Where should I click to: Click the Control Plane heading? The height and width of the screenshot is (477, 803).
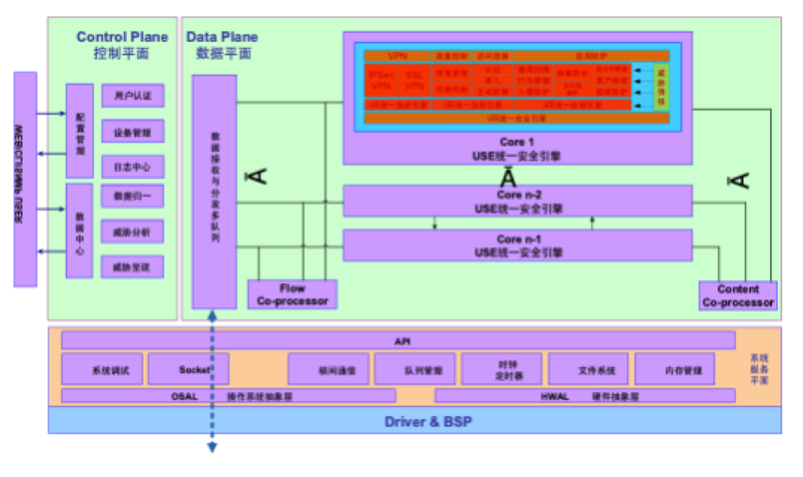[x=122, y=37]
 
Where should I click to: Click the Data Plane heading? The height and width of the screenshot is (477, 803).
[x=222, y=37]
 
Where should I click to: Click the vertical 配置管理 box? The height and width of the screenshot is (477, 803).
[x=79, y=131]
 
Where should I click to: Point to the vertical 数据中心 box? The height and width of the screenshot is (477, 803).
[x=79, y=230]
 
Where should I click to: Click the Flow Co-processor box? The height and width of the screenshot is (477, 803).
[x=292, y=295]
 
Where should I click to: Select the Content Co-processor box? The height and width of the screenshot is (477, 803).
[x=738, y=296]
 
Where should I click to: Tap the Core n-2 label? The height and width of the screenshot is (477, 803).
[x=518, y=194]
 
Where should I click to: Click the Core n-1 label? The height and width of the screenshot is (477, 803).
[x=518, y=238]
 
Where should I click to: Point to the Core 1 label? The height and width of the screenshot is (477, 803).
[x=518, y=142]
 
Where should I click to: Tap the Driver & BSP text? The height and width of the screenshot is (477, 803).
[x=414, y=421]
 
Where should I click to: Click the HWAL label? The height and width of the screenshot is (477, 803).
[x=553, y=396]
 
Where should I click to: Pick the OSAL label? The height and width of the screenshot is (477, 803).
[x=184, y=396]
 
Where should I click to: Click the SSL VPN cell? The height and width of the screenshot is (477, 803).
[x=414, y=79]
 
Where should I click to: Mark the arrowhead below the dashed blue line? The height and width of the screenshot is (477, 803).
[x=213, y=448]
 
